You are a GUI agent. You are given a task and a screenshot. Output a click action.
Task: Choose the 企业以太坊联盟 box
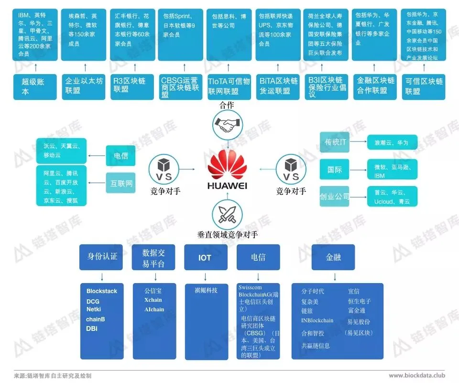tap(84, 87)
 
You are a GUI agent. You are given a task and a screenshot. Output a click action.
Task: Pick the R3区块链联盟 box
tap(132, 87)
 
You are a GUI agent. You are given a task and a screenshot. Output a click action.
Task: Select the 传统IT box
tap(336, 142)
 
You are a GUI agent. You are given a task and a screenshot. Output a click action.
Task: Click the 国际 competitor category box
tap(336, 169)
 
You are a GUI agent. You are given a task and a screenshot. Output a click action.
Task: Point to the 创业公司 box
tap(336, 197)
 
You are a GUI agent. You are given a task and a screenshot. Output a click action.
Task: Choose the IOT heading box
tap(205, 257)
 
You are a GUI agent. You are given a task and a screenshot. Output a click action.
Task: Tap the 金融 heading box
tap(333, 257)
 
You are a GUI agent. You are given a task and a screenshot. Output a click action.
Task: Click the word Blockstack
tap(102, 291)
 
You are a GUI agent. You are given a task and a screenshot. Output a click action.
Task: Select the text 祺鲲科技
tap(206, 290)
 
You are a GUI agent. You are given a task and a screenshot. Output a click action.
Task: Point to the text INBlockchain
tap(317, 320)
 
